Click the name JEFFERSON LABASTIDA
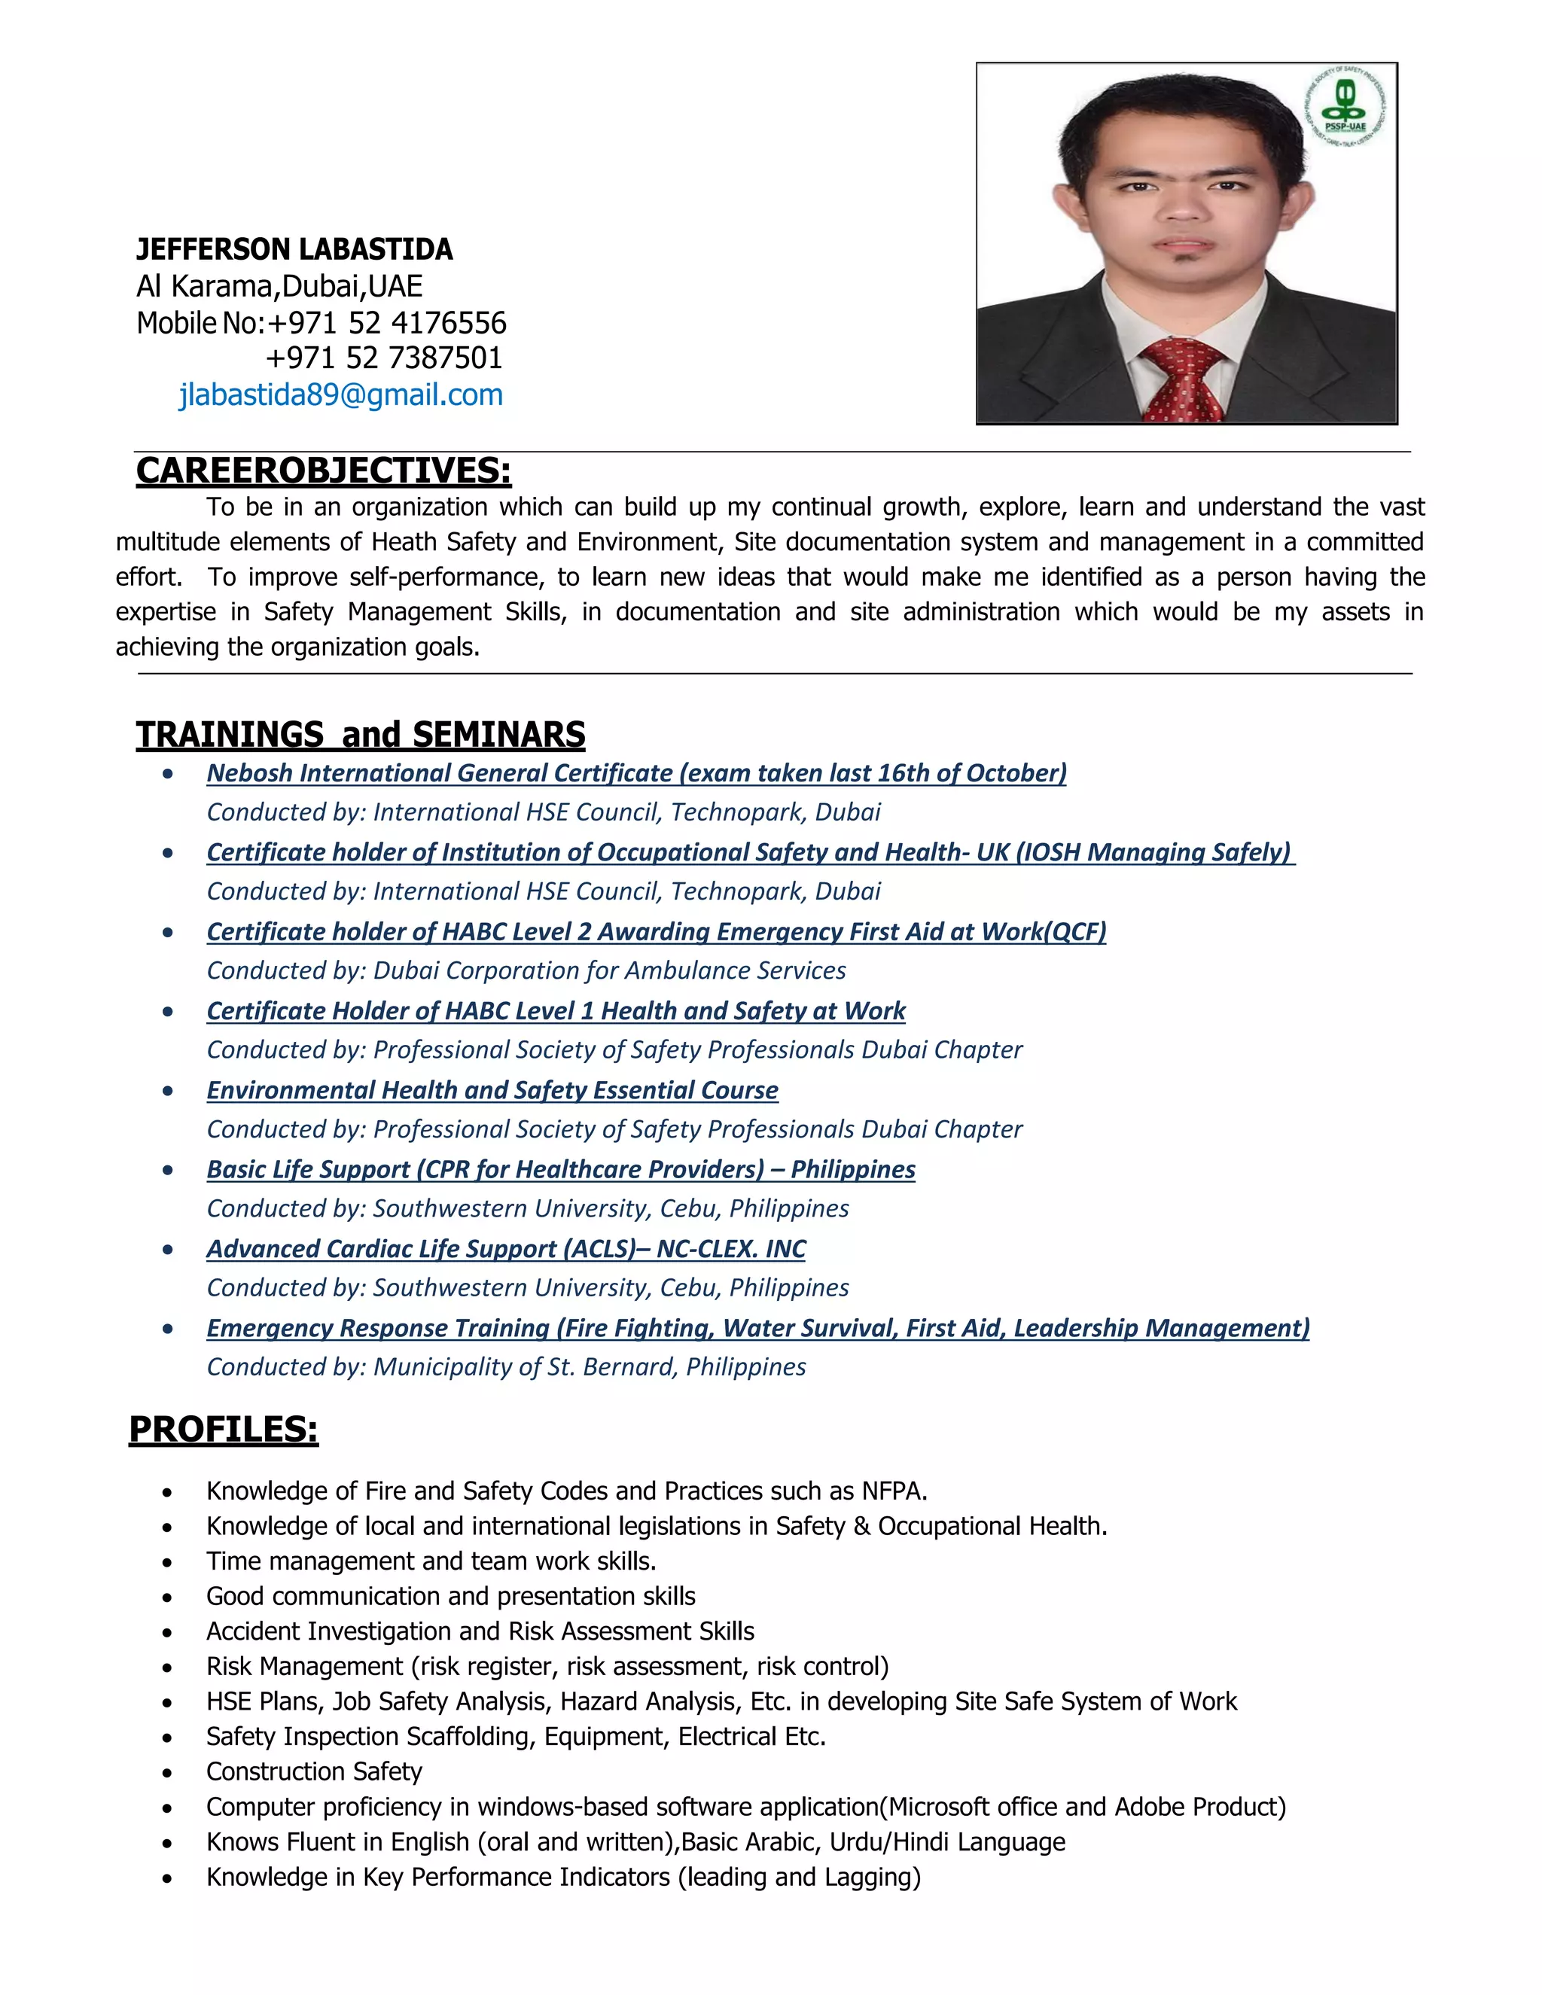(x=294, y=249)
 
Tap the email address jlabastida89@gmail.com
(x=341, y=394)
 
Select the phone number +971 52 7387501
(x=384, y=358)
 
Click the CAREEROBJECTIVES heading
(x=323, y=471)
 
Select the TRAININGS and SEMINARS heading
(x=361, y=735)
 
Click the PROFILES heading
(x=224, y=1430)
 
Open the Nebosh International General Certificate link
(x=635, y=774)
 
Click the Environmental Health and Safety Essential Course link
(x=492, y=1091)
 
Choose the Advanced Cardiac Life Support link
(x=506, y=1250)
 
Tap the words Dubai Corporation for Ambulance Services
(x=609, y=971)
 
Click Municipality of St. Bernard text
(x=523, y=1367)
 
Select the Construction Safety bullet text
(x=314, y=1772)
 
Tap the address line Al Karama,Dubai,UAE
(x=279, y=287)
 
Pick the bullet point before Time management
(x=167, y=1563)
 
